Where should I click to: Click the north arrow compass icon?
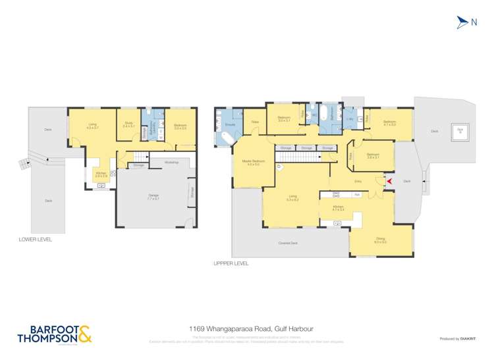tap(462, 22)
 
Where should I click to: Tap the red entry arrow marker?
tap(389, 180)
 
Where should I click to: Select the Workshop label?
tap(172, 162)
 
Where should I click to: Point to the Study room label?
tap(128, 124)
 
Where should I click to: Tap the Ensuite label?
tap(230, 124)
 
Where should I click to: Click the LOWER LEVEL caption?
tap(35, 240)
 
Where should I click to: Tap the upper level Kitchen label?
tap(339, 207)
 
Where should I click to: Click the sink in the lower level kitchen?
tap(101, 186)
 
